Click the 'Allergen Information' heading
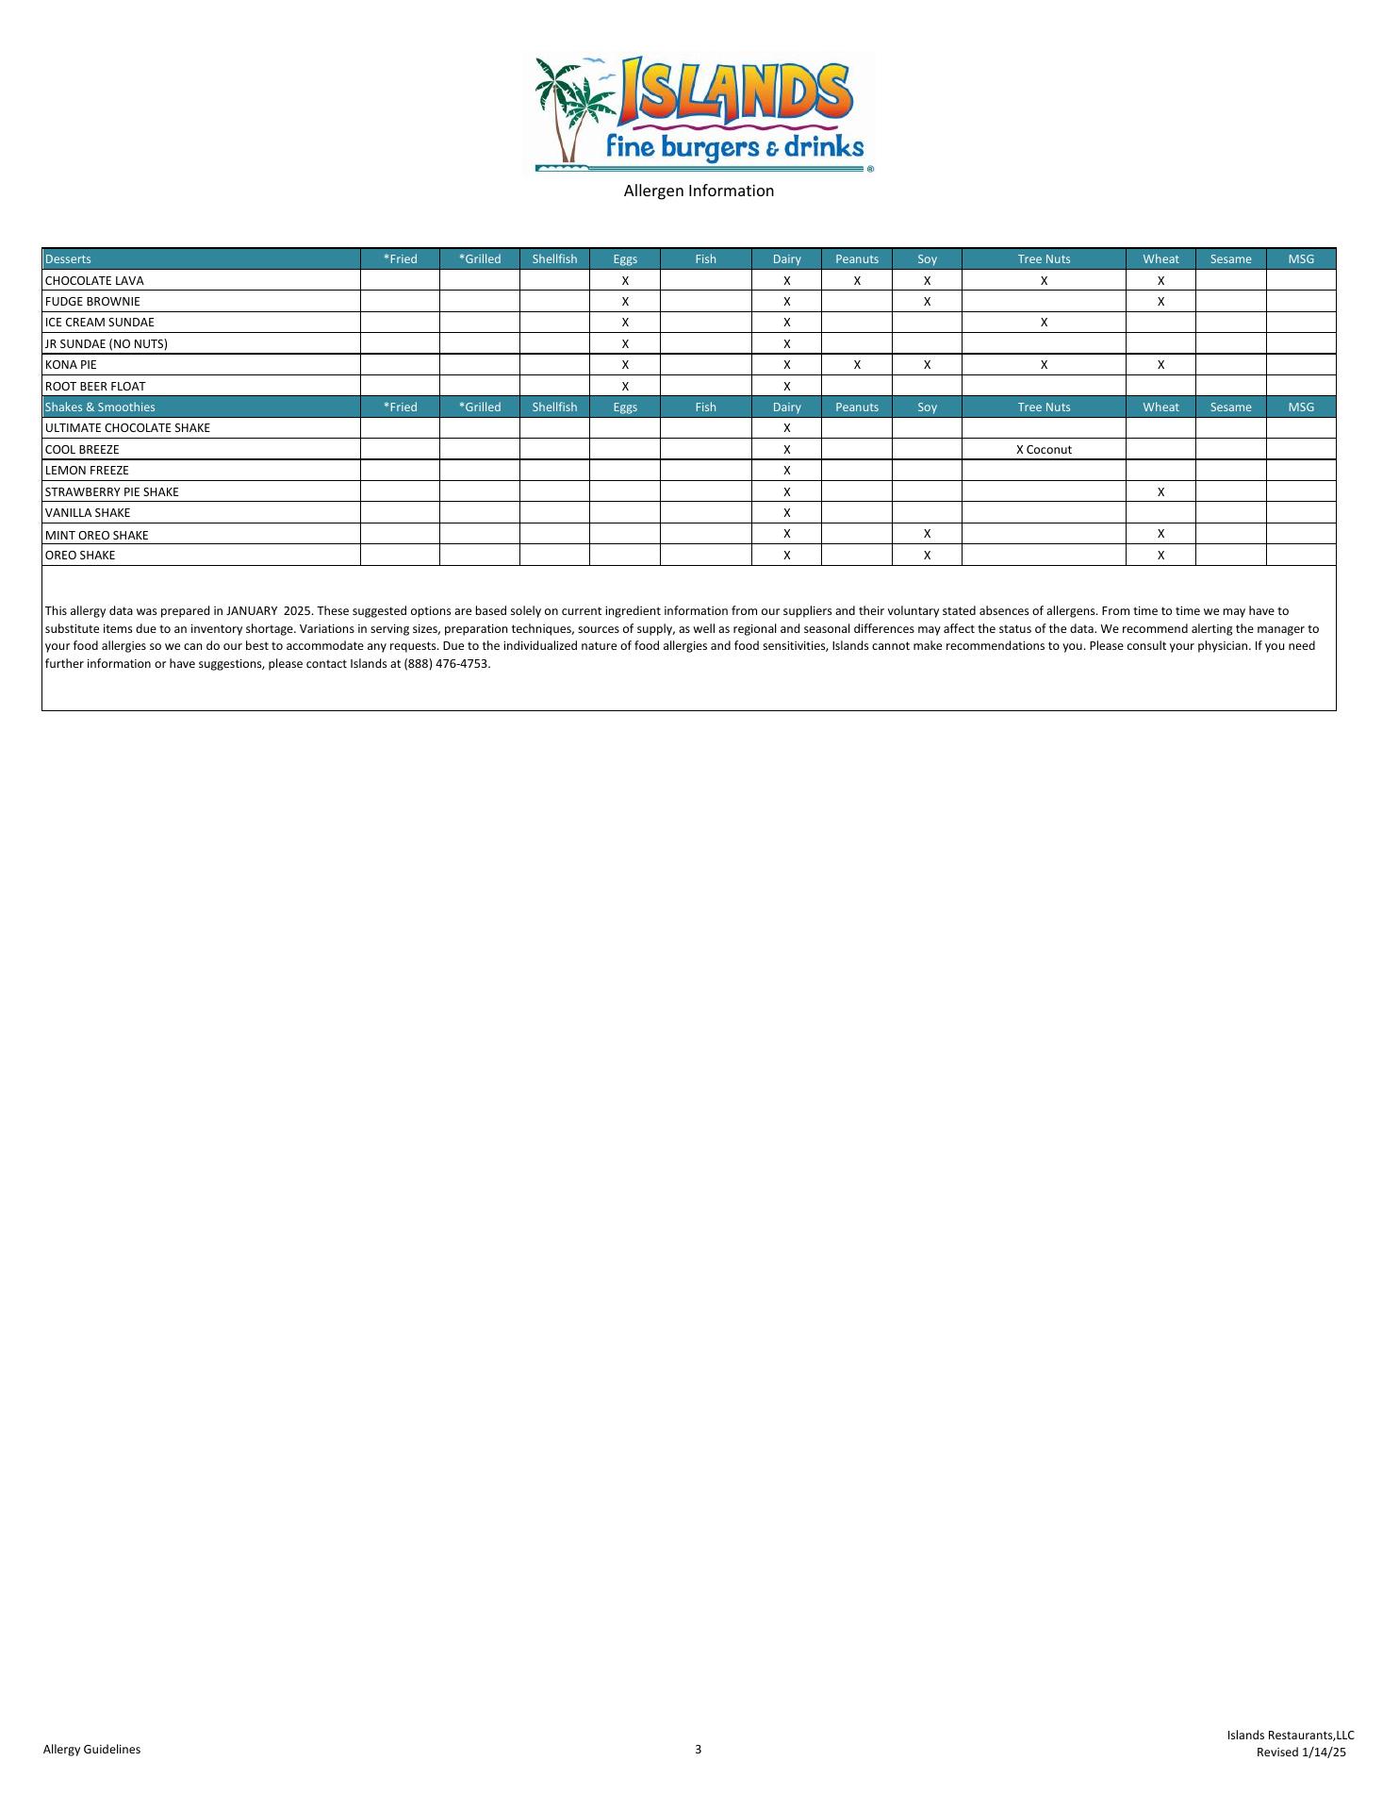click(x=699, y=191)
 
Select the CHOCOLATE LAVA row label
click(x=94, y=281)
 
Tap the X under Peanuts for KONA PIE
click(x=857, y=365)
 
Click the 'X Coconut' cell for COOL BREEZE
click(x=1044, y=450)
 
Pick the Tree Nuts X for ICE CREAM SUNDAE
click(x=1044, y=323)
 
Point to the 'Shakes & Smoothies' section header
click(x=100, y=407)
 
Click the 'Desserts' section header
click(x=68, y=259)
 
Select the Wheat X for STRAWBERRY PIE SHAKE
click(x=1160, y=492)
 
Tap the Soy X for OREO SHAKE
click(x=927, y=556)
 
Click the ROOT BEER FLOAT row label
click(x=95, y=387)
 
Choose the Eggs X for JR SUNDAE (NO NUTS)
click(x=625, y=344)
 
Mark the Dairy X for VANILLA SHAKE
click(x=786, y=513)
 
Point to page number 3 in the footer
click(x=699, y=1750)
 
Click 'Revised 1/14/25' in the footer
click(x=1301, y=1753)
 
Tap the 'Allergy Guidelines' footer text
click(x=91, y=1750)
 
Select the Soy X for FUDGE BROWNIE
click(x=927, y=302)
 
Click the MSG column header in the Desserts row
click(x=1301, y=259)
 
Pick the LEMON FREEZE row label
click(x=87, y=471)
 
